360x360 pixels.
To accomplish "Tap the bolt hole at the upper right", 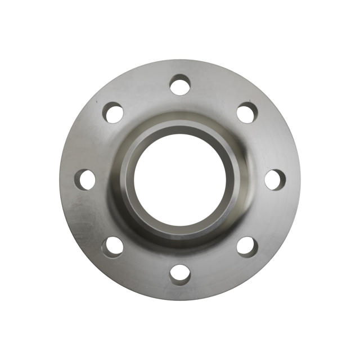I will [x=247, y=113].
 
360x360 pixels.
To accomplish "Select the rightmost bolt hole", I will [x=274, y=179].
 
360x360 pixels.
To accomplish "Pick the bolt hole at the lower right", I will [x=246, y=246].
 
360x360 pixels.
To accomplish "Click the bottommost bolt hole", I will [x=180, y=273].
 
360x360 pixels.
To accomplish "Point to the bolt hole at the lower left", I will [x=114, y=246].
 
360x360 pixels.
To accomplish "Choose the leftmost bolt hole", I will [x=86, y=179].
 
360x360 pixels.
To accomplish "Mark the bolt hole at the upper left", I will [x=114, y=113].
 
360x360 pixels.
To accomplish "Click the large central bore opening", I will [x=180, y=180].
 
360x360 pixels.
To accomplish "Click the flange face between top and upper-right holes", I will [x=217, y=93].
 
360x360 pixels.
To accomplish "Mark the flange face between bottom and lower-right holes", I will [x=217, y=267].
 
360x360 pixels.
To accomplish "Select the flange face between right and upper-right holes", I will [x=267, y=143].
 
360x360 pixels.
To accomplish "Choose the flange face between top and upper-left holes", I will [x=143, y=93].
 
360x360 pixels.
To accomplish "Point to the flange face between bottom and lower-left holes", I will [x=143, y=267].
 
